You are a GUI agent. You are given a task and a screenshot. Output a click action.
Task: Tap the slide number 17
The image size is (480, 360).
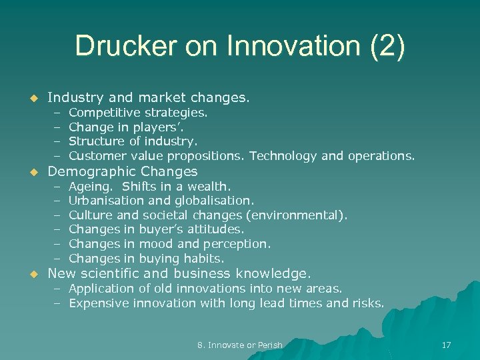[446, 345]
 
